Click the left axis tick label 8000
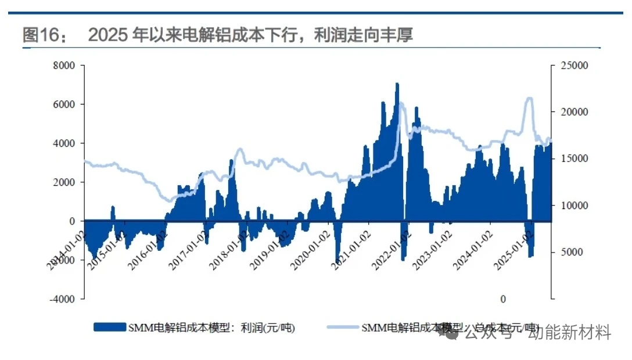[64, 66]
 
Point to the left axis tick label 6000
[64, 105]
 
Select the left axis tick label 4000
[64, 143]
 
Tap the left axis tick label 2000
[64, 182]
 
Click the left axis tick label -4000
[63, 299]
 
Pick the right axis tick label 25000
[575, 66]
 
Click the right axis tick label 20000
[575, 112]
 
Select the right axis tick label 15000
[575, 159]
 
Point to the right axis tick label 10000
[575, 206]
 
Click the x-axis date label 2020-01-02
[311, 250]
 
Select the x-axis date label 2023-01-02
[432, 250]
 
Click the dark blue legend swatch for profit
[110, 327]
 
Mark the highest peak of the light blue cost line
[529, 99]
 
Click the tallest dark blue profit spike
[397, 85]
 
